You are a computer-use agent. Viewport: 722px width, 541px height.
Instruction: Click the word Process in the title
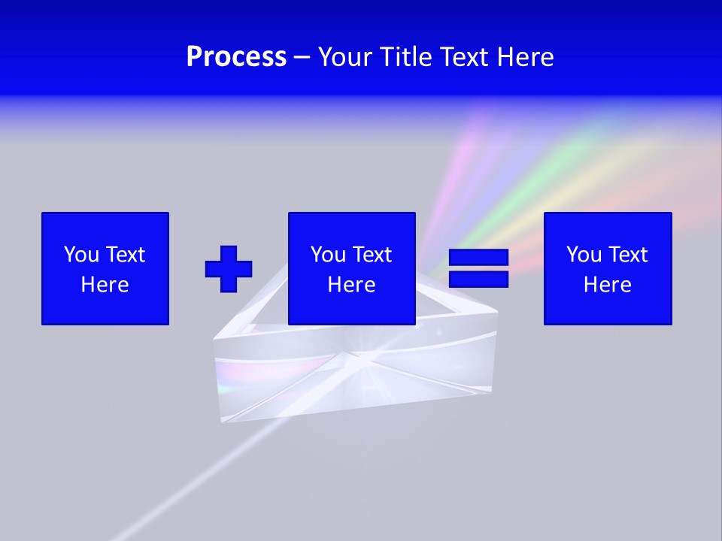236,57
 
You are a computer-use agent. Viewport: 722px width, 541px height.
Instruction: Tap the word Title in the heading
407,57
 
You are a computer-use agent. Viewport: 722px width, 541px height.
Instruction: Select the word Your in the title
347,57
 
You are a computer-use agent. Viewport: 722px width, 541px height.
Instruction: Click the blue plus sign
229,268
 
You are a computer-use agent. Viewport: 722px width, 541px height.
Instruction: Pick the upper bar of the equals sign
478,258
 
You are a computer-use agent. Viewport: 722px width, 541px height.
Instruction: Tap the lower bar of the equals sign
478,279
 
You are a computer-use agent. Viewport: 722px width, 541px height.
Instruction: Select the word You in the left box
81,255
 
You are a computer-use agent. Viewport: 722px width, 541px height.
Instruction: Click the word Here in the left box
105,285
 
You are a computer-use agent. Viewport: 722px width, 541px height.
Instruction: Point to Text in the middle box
372,255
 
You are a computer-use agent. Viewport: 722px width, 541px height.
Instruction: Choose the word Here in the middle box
352,285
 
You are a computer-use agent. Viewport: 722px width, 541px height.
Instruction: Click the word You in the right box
584,255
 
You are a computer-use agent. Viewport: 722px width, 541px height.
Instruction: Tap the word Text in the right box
627,255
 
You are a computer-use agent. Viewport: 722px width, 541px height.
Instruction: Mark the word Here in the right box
608,285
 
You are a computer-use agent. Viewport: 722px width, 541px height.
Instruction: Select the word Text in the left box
125,255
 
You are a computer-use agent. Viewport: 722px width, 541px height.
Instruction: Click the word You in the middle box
328,255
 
